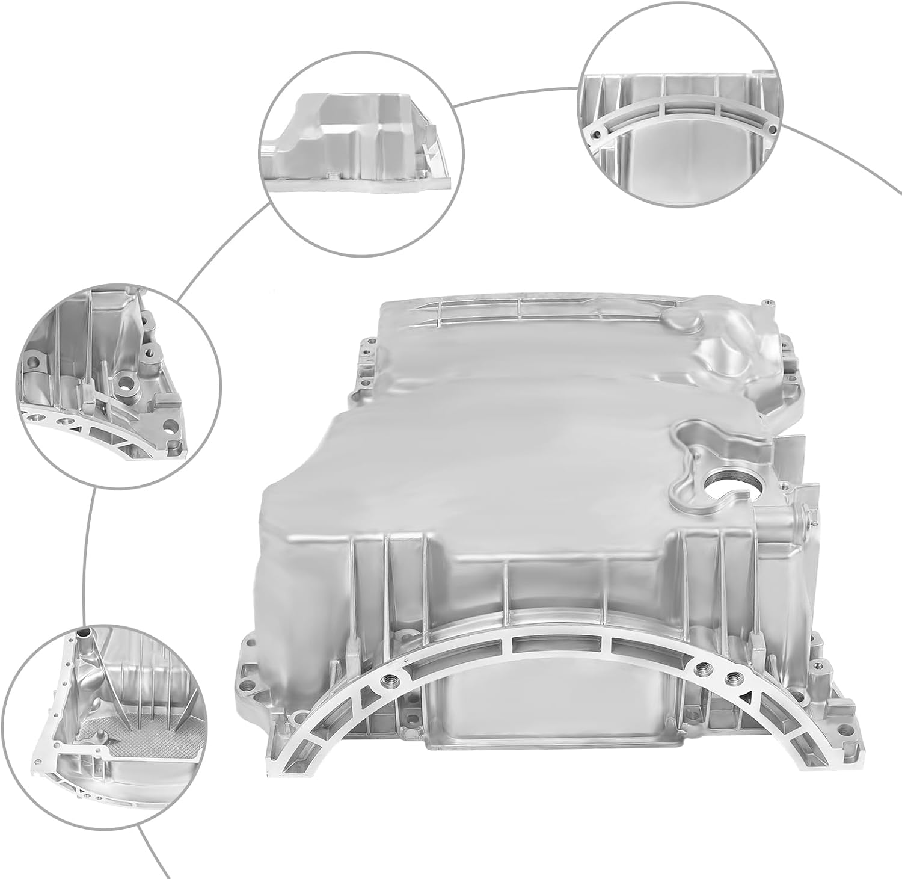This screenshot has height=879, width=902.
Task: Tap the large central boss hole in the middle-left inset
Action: tap(127, 381)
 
